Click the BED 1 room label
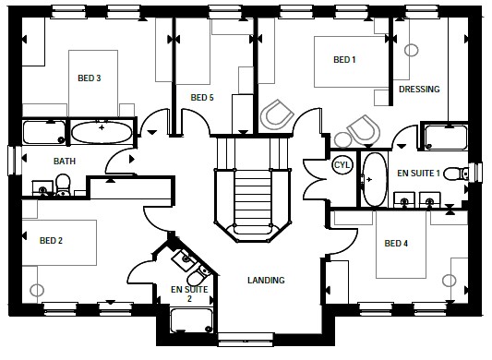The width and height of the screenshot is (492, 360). pos(344,60)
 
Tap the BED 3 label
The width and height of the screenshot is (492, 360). pos(90,78)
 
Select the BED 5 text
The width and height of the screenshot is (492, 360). pos(202,98)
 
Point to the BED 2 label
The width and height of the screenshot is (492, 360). pos(51,241)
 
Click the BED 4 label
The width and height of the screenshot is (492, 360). pos(396,244)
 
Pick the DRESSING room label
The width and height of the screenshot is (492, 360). pos(419,90)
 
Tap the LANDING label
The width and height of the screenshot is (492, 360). pos(266,280)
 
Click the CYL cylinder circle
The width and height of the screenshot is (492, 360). pos(342,165)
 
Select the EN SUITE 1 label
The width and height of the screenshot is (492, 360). pos(418,174)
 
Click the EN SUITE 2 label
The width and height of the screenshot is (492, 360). pos(189,294)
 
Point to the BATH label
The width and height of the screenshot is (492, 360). pos(65,162)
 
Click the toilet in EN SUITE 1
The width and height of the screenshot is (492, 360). pos(457,174)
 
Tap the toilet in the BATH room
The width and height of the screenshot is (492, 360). pos(63,185)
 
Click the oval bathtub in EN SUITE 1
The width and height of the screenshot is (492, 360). pos(375,179)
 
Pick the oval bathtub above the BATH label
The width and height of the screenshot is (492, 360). pos(102,132)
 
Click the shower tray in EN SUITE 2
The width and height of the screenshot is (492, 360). pos(191,320)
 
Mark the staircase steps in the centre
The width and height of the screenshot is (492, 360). pos(253,201)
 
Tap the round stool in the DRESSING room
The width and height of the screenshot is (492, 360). pos(411,50)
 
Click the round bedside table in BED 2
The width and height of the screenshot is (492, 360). pos(37,291)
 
